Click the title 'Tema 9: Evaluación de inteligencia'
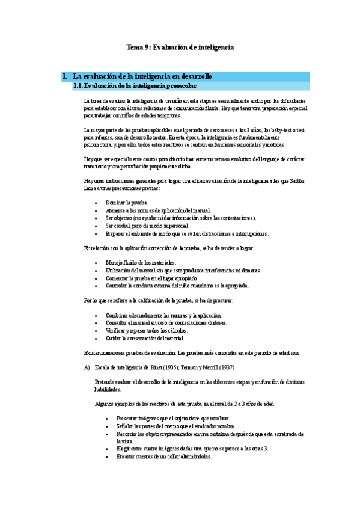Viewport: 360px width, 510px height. tap(180, 47)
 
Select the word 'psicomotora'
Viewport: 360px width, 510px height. tap(100, 144)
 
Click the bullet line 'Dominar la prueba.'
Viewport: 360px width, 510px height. tap(127, 203)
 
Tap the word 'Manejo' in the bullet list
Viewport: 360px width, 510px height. tap(115, 263)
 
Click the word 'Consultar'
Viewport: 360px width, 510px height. tap(117, 322)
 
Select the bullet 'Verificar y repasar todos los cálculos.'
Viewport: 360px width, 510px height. tap(147, 330)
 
